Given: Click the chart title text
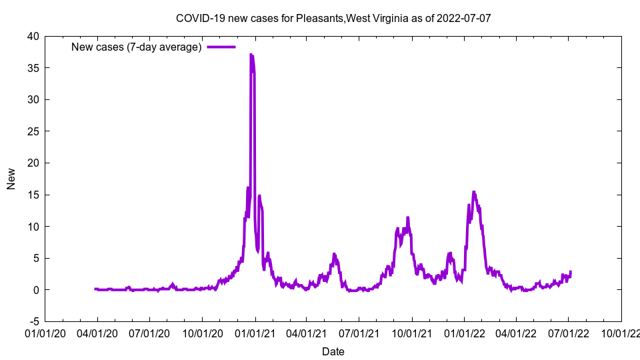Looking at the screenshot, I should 333,18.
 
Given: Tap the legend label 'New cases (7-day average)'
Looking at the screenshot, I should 136,47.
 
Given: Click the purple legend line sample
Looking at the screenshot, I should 221,47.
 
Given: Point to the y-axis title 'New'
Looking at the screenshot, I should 11,179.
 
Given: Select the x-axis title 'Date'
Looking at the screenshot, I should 333,351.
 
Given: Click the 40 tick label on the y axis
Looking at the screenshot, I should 33,36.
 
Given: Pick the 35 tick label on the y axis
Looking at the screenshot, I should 33,68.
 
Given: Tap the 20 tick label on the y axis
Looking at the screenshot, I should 33,163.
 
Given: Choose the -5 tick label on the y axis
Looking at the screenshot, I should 33,321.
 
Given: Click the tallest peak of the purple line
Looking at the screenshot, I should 251,55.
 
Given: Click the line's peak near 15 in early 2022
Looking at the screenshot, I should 474,192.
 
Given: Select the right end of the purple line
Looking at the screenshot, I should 571,271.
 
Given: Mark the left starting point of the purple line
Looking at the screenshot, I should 95,289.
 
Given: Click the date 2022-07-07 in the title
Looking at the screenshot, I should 463,18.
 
